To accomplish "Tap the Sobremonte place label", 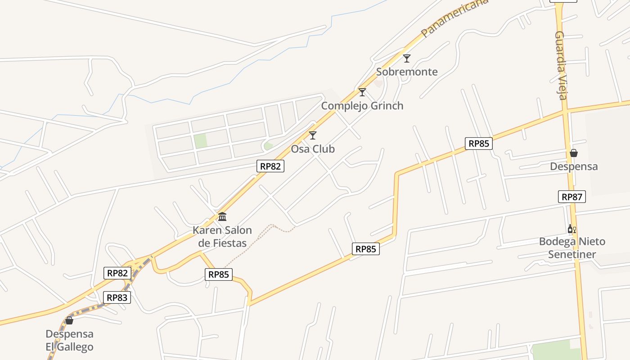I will [407, 72].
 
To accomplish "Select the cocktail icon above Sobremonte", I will [407, 58].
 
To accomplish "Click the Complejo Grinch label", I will [362, 106].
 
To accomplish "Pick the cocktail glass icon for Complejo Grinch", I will [362, 92].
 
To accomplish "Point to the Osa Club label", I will [313, 149].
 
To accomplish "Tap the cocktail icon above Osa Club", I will [313, 135].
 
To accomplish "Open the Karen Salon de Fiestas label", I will [222, 237].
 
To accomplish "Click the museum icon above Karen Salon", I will [222, 217].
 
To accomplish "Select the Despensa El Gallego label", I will [69, 341].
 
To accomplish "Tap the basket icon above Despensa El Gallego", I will [69, 320].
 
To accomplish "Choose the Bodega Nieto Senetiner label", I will [572, 248].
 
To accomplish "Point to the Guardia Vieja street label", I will [561, 65].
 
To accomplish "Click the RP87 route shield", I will [572, 197].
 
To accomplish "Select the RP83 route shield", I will [117, 297].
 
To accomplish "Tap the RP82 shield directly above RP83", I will [118, 273].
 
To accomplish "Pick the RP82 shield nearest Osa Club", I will [270, 166].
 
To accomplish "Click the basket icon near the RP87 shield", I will [574, 153].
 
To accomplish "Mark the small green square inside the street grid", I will [201, 141].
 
